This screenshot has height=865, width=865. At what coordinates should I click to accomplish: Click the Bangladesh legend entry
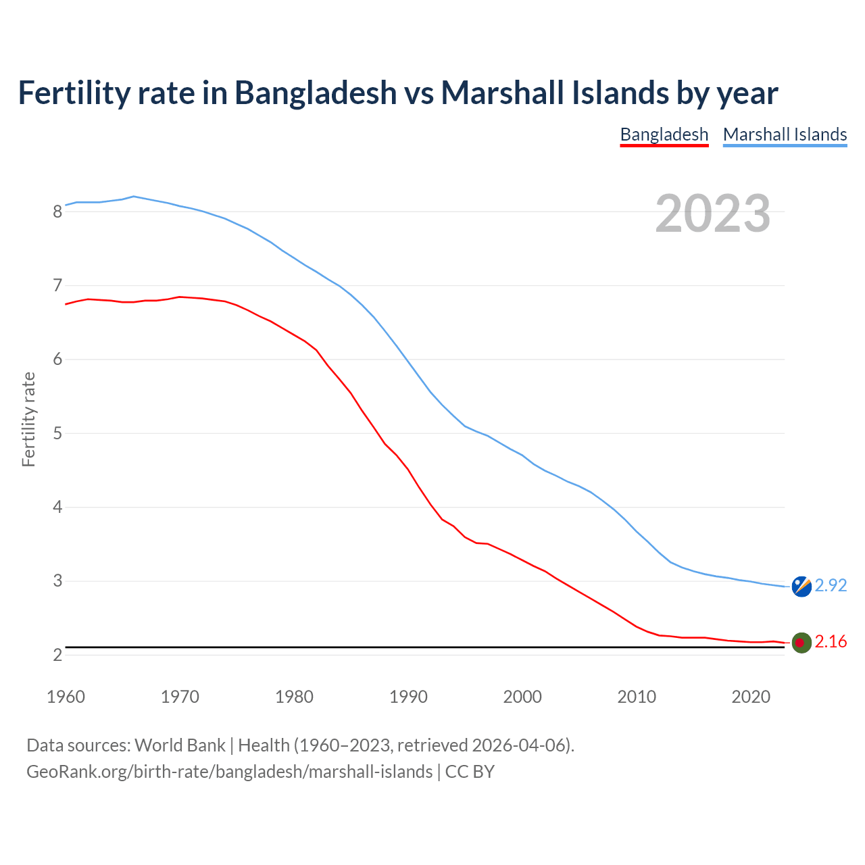664,134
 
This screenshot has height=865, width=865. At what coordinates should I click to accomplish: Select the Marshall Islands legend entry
785,134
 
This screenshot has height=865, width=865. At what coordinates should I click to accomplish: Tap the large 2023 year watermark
712,214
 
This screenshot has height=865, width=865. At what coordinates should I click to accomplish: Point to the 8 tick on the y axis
57,212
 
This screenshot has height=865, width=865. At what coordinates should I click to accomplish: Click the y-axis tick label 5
57,433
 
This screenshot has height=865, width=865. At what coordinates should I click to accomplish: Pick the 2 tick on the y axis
57,655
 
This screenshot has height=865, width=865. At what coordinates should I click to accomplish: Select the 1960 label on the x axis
66,697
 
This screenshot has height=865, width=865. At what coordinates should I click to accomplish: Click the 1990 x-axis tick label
408,697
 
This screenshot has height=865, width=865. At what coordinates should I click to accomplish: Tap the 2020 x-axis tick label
751,697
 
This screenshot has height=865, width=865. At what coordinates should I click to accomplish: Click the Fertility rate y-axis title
28,419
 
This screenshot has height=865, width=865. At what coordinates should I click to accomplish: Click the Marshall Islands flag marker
801,587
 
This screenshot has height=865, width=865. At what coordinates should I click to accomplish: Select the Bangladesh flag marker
801,643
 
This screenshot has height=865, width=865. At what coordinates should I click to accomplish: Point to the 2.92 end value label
831,586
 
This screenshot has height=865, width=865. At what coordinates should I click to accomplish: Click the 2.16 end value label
831,642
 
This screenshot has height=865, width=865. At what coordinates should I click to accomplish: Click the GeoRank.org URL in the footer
229,772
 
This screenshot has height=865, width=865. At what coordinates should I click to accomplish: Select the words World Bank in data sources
180,745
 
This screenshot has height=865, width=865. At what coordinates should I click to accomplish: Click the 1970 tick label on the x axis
180,697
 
